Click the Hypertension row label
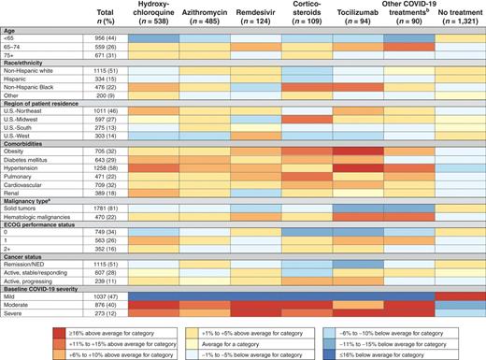[x=28, y=167]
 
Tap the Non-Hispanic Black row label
[x=35, y=89]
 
